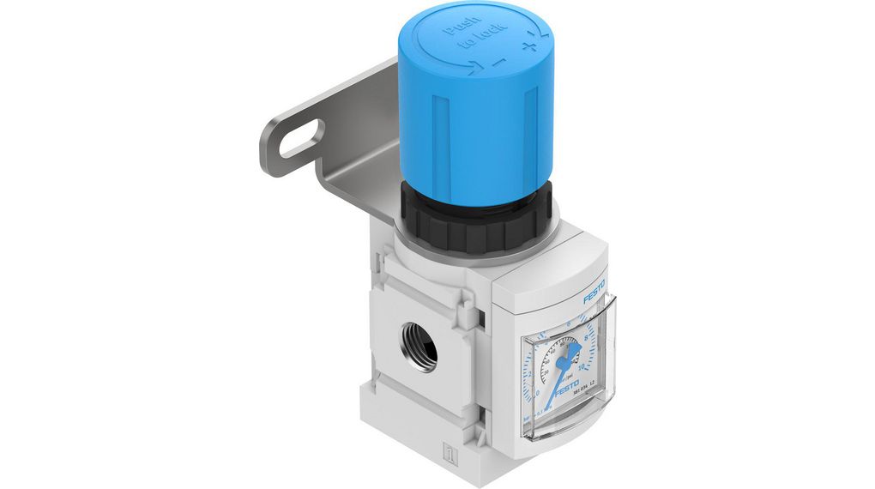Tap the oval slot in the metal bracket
coord(302,140)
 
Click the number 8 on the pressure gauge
coord(585,339)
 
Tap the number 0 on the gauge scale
coord(538,394)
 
